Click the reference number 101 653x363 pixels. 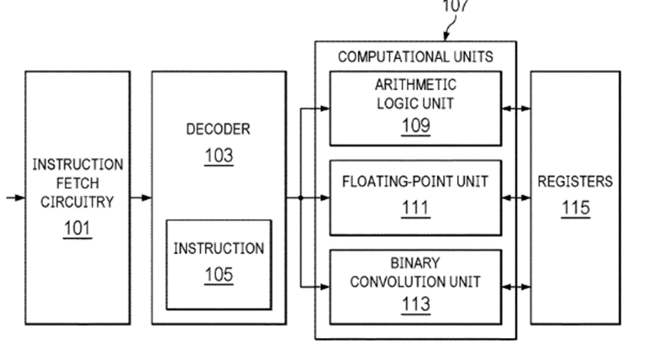(77, 229)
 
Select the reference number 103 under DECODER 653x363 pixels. (218, 156)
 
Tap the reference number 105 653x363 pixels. (218, 275)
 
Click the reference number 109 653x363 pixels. (415, 126)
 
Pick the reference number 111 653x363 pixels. (415, 208)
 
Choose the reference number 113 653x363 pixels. (415, 304)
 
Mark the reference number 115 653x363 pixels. (575, 208)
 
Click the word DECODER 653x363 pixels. (218, 129)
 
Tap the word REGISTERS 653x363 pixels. (575, 182)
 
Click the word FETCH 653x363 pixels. (78, 184)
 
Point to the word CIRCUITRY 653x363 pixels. (78, 202)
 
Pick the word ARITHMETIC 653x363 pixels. (415, 85)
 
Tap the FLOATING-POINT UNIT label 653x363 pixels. (415, 182)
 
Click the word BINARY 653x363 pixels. (415, 264)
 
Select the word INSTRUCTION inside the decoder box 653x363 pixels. (218, 249)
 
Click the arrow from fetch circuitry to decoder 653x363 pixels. (140, 198)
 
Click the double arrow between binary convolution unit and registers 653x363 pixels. (516, 286)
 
